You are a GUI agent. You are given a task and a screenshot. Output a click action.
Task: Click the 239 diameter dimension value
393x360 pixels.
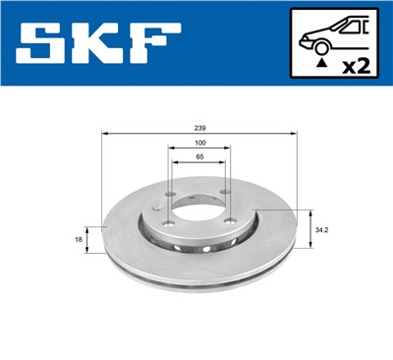tap(200, 127)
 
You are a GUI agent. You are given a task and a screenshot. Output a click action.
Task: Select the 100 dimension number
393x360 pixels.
tap(200, 143)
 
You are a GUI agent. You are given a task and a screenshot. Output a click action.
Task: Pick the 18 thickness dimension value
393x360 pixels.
tap(79, 238)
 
